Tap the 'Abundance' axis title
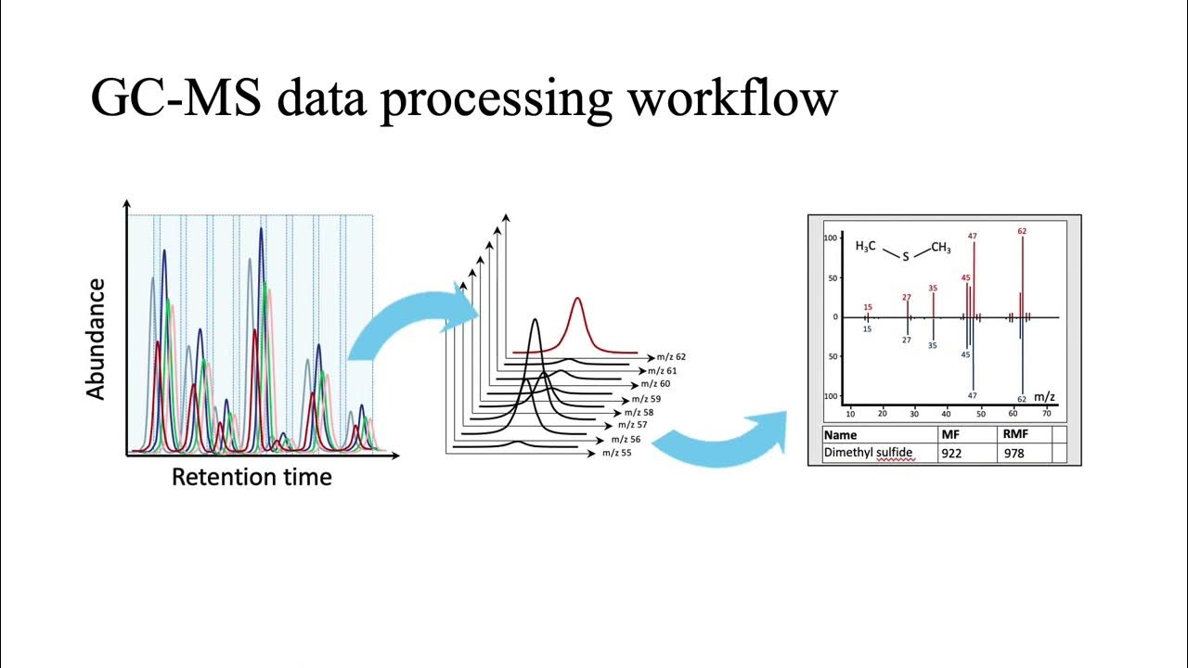[95, 339]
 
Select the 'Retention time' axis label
[252, 478]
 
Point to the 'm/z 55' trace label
[616, 453]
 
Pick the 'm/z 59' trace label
[646, 399]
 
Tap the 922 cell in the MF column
[953, 454]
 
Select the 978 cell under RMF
[1014, 454]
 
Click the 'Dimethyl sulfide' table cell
[868, 453]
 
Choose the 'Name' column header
[840, 434]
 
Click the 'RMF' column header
[1014, 434]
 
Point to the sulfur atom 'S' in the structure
[906, 256]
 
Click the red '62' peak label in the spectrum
[1022, 231]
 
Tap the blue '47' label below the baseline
[972, 396]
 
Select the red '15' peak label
[868, 307]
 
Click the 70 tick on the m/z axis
[1048, 414]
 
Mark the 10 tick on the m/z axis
[850, 414]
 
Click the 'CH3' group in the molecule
[940, 248]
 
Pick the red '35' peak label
[933, 288]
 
